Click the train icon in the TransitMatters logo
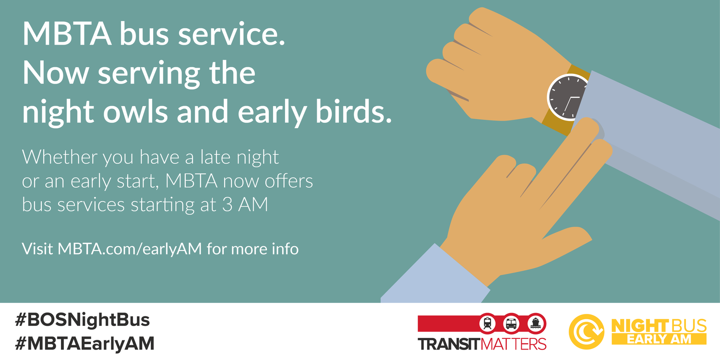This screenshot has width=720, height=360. click(x=488, y=323)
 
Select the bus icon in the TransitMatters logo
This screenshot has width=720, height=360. click(x=511, y=323)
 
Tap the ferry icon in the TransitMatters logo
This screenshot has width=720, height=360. click(x=534, y=323)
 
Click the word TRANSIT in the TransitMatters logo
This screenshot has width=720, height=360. click(x=448, y=344)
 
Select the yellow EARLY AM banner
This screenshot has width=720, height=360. click(x=659, y=339)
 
